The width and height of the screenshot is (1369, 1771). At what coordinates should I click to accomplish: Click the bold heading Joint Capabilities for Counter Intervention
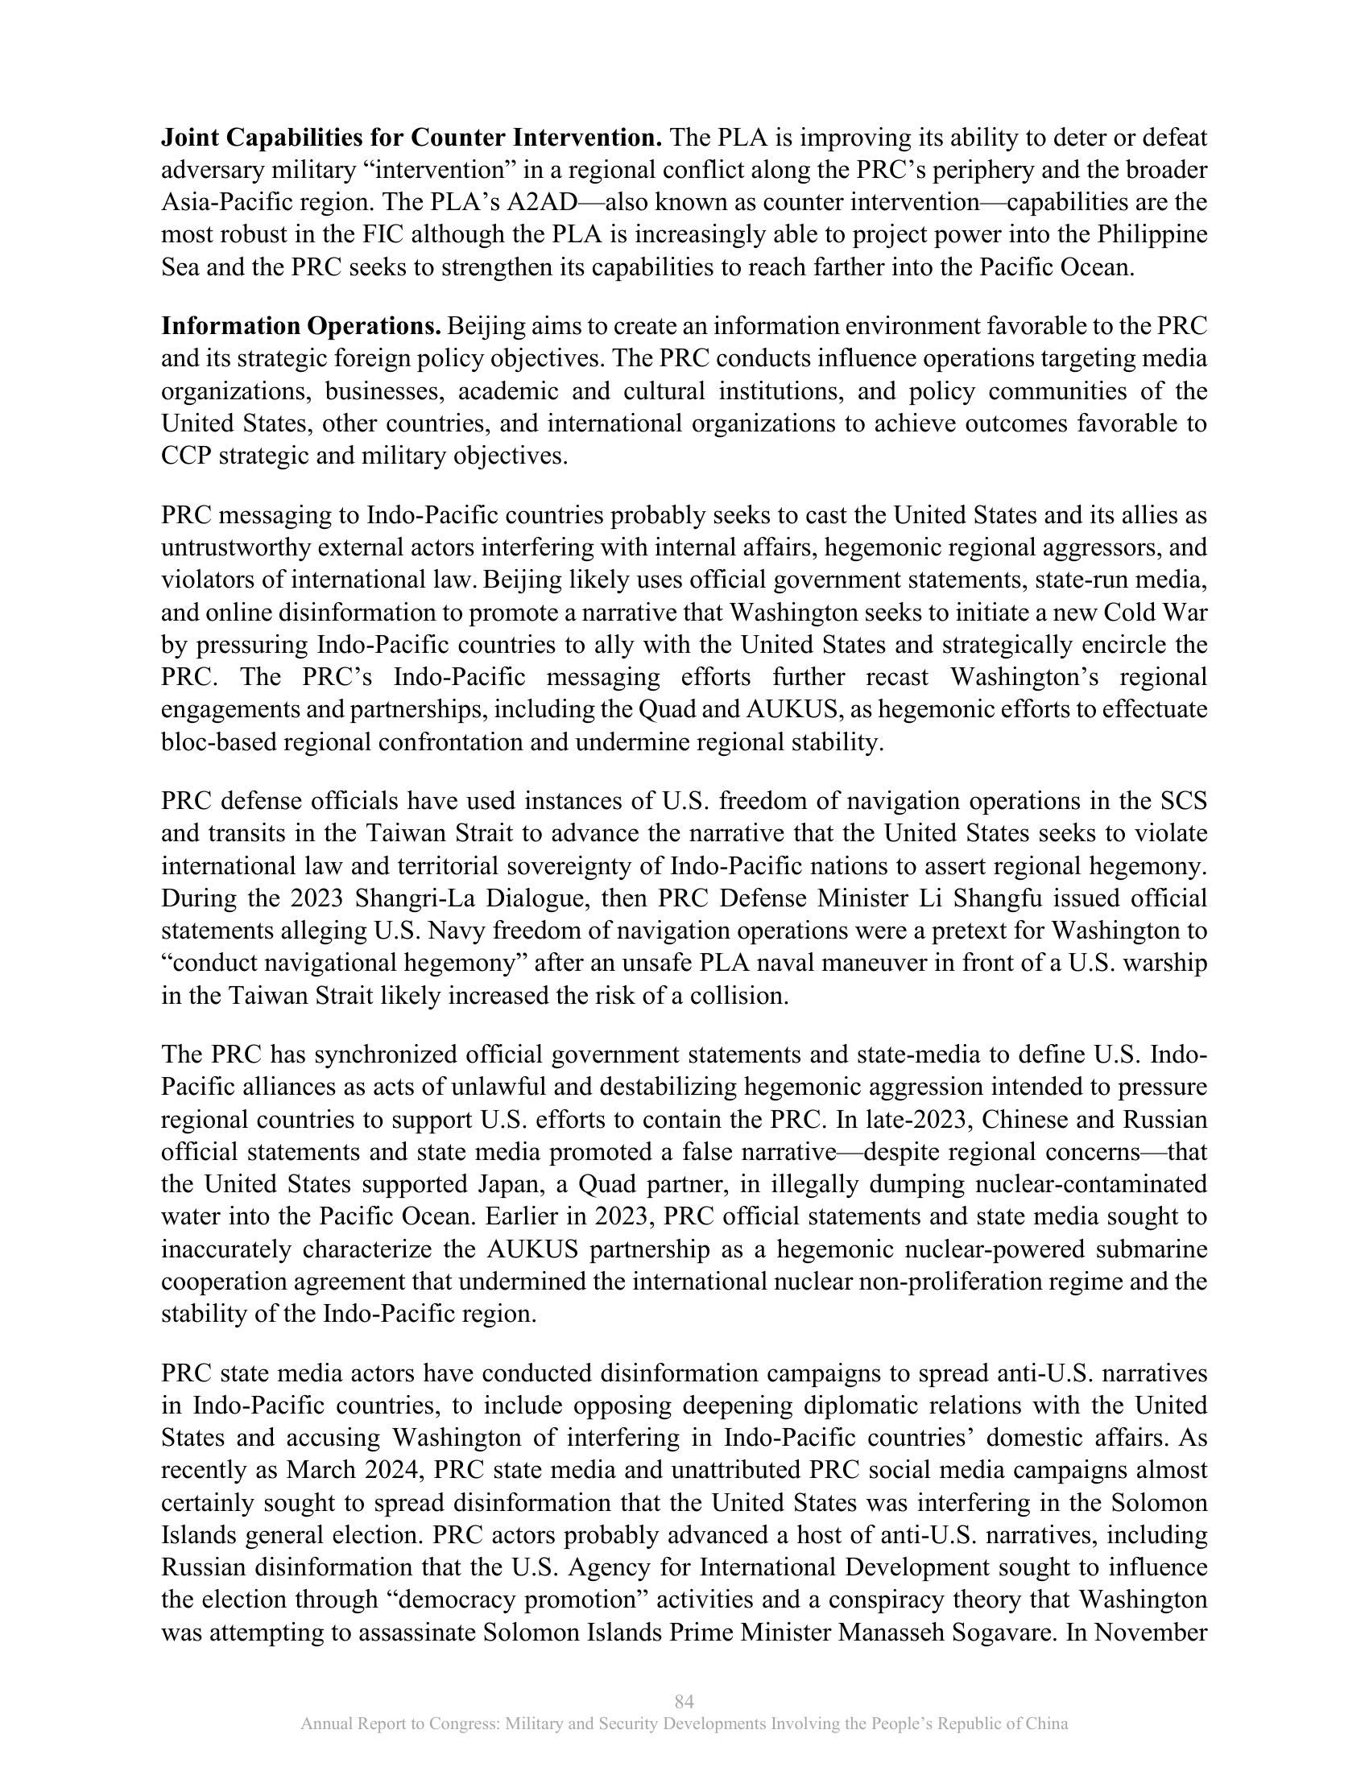[412, 138]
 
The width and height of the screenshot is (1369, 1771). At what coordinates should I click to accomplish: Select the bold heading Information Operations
[301, 326]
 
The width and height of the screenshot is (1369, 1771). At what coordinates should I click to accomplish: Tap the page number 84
[684, 1701]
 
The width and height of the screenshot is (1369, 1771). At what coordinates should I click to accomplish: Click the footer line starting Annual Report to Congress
[684, 1724]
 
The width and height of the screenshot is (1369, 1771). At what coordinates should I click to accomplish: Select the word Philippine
[1152, 234]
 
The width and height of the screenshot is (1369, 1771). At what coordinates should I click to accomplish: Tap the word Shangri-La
[377, 898]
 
